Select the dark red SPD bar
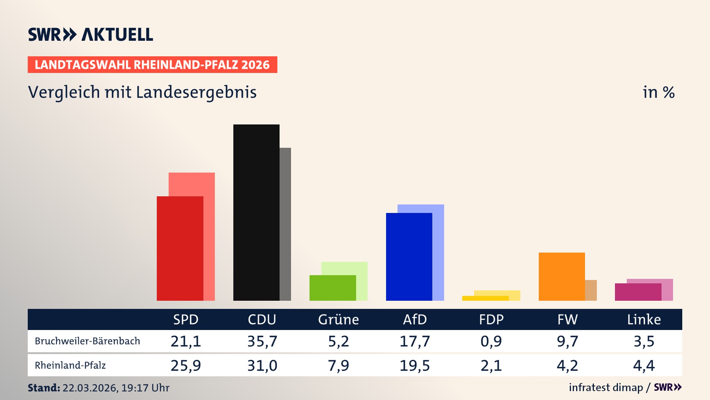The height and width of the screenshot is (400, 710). tap(180, 248)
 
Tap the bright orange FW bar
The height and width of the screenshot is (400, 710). tap(561, 276)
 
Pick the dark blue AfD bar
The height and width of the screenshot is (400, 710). tap(409, 256)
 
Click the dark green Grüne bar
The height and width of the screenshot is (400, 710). tap(332, 288)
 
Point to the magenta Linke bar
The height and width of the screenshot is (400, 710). tap(638, 292)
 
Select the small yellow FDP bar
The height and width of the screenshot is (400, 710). tap(485, 298)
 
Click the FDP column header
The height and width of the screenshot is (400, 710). tap(491, 320)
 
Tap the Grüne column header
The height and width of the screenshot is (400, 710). tap(338, 320)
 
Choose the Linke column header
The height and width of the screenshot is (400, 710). tap(644, 320)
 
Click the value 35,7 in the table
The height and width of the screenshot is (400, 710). tap(262, 341)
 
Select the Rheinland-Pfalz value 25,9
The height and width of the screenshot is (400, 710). tap(186, 366)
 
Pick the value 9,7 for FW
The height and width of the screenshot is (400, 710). tap(567, 341)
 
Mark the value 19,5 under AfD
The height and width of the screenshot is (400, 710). tap(415, 366)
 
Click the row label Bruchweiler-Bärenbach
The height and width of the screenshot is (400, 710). tap(87, 341)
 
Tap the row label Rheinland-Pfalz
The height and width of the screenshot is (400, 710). tap(70, 366)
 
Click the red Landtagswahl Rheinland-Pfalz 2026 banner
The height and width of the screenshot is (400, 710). tap(152, 65)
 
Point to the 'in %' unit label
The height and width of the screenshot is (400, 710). tap(659, 92)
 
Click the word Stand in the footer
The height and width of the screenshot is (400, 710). tap(44, 388)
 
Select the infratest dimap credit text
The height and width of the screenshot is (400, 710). tap(606, 387)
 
